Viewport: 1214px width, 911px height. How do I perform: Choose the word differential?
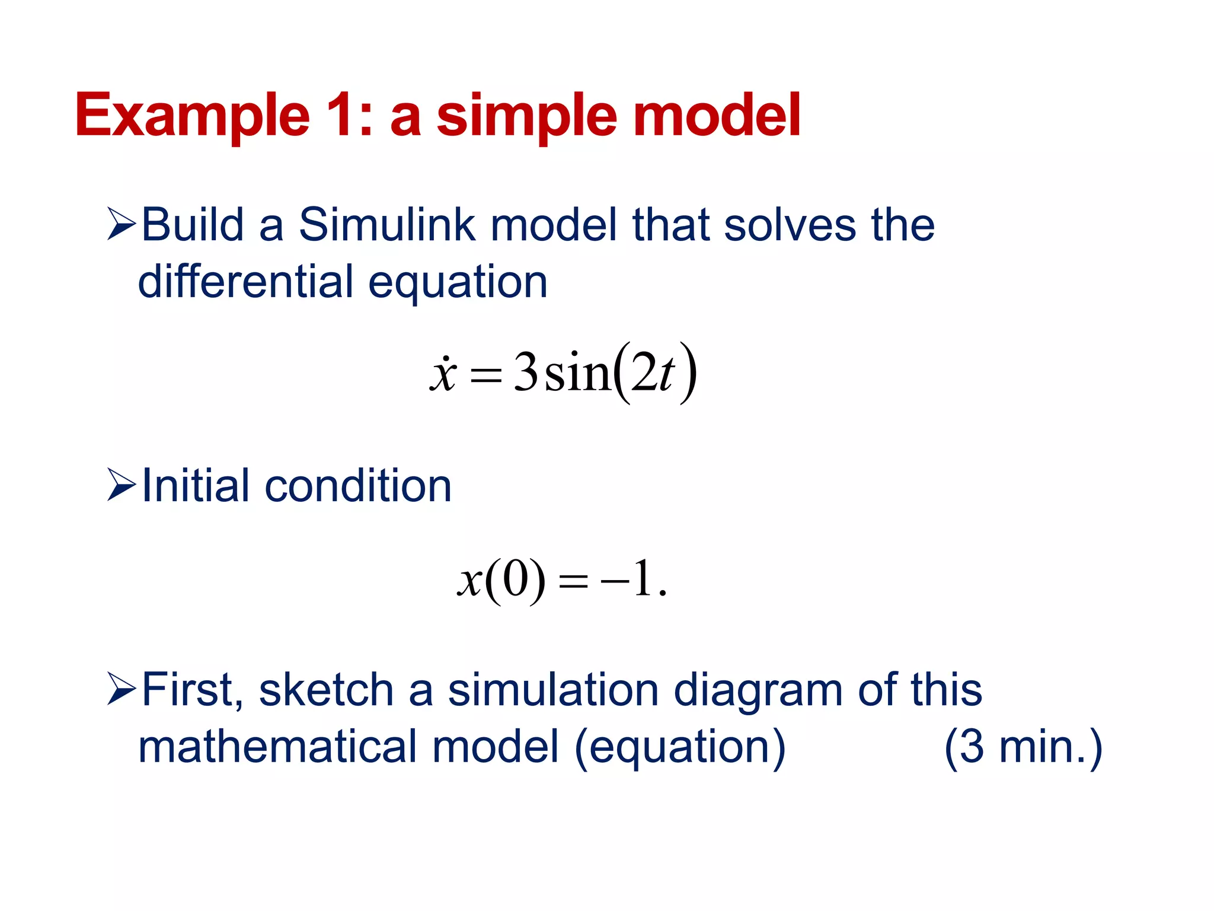(x=245, y=281)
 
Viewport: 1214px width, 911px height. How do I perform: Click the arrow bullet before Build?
(x=122, y=225)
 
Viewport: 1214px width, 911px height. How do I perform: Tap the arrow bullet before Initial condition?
(x=122, y=485)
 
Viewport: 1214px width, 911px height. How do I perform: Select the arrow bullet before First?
(x=122, y=689)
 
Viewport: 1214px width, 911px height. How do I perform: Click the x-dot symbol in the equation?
(x=443, y=374)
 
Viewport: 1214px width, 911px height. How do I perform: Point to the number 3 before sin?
(x=525, y=372)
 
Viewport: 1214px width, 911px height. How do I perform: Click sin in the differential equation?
(x=577, y=374)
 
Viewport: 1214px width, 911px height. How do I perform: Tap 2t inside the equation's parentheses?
(x=653, y=374)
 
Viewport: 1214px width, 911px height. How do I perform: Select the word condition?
(x=358, y=486)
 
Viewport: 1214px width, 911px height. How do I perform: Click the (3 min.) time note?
(x=1023, y=747)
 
